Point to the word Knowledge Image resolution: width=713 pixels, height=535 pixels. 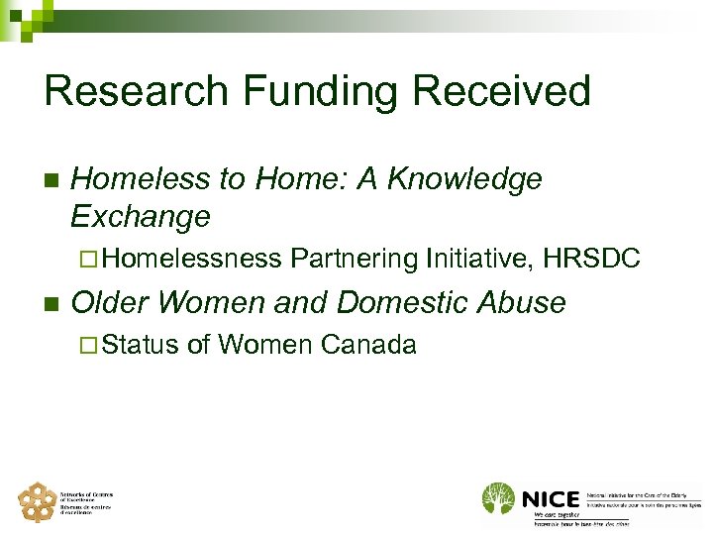[465, 178]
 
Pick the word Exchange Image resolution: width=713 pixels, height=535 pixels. [141, 216]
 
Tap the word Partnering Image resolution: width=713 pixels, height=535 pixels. [353, 259]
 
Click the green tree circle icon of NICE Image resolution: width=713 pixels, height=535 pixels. [499, 498]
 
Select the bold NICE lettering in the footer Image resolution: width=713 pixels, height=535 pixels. [548, 497]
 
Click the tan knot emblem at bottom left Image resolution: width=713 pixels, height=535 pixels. [38, 501]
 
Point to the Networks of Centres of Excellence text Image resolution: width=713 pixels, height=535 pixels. [88, 501]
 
